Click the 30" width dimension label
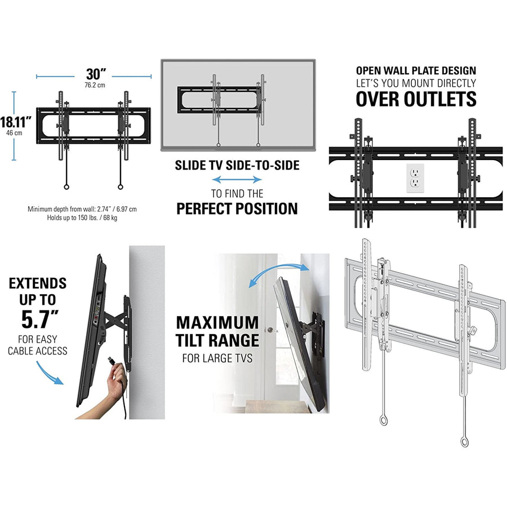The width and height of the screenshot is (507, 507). tap(96, 74)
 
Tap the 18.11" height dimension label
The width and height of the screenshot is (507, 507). tap(16, 122)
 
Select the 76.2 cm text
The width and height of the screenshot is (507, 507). tap(95, 85)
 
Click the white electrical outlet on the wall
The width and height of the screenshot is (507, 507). tap(415, 178)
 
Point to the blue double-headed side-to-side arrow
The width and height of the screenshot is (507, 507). tap(237, 179)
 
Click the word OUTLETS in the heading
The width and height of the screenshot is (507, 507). tap(441, 99)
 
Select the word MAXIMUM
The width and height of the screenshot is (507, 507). tap(217, 322)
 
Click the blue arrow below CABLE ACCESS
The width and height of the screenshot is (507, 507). tap(49, 373)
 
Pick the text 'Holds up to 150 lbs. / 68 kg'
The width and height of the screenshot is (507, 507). tap(82, 217)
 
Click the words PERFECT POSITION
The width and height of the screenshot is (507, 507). tap(237, 208)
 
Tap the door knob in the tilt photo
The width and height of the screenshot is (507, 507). tap(272, 330)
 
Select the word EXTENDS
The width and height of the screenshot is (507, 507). tap(38, 283)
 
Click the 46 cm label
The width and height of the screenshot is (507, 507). tap(14, 133)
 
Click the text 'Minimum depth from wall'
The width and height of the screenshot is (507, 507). tap(61, 209)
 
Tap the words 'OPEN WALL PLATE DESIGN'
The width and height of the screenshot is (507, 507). tap(416, 70)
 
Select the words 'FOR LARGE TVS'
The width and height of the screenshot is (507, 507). tap(217, 358)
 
